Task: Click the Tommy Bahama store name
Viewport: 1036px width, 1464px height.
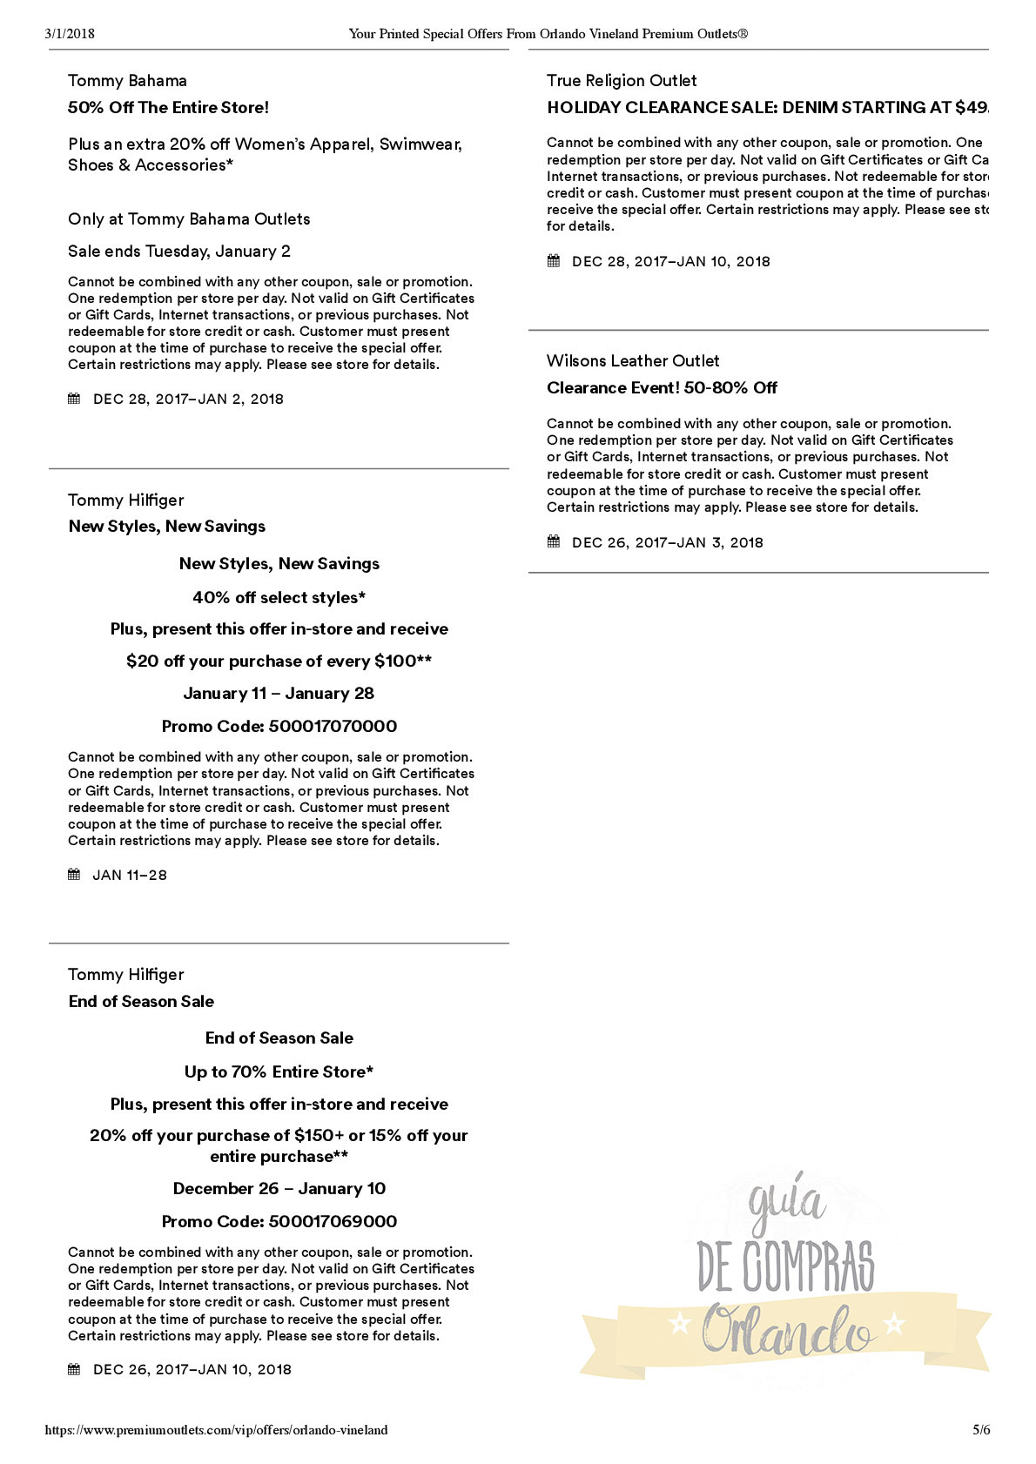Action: click(127, 81)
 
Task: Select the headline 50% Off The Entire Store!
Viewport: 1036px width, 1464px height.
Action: click(168, 108)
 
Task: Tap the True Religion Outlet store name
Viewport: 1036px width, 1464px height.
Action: click(622, 81)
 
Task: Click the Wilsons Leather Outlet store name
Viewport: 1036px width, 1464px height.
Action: click(633, 361)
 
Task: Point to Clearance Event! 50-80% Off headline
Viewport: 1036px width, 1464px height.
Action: click(662, 388)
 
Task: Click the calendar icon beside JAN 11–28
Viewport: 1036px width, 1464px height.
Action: click(74, 875)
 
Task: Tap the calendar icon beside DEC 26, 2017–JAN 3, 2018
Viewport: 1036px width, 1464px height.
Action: click(554, 542)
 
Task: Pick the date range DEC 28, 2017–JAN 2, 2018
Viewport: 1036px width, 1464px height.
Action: click(188, 400)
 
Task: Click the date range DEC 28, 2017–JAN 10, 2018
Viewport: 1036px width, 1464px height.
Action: click(670, 262)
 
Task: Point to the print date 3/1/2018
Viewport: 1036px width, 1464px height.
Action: click(70, 34)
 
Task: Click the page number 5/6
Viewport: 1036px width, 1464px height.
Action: click(981, 1430)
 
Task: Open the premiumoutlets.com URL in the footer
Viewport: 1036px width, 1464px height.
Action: click(217, 1430)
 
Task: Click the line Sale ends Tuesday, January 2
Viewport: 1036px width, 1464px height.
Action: click(179, 252)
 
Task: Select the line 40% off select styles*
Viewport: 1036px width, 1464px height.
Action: click(279, 598)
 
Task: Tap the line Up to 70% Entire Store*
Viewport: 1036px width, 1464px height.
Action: click(279, 1072)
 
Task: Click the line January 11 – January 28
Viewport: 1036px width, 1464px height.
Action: click(279, 694)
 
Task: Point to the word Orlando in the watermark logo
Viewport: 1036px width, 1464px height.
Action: click(787, 1330)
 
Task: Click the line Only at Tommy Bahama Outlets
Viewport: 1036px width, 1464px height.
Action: click(189, 219)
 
